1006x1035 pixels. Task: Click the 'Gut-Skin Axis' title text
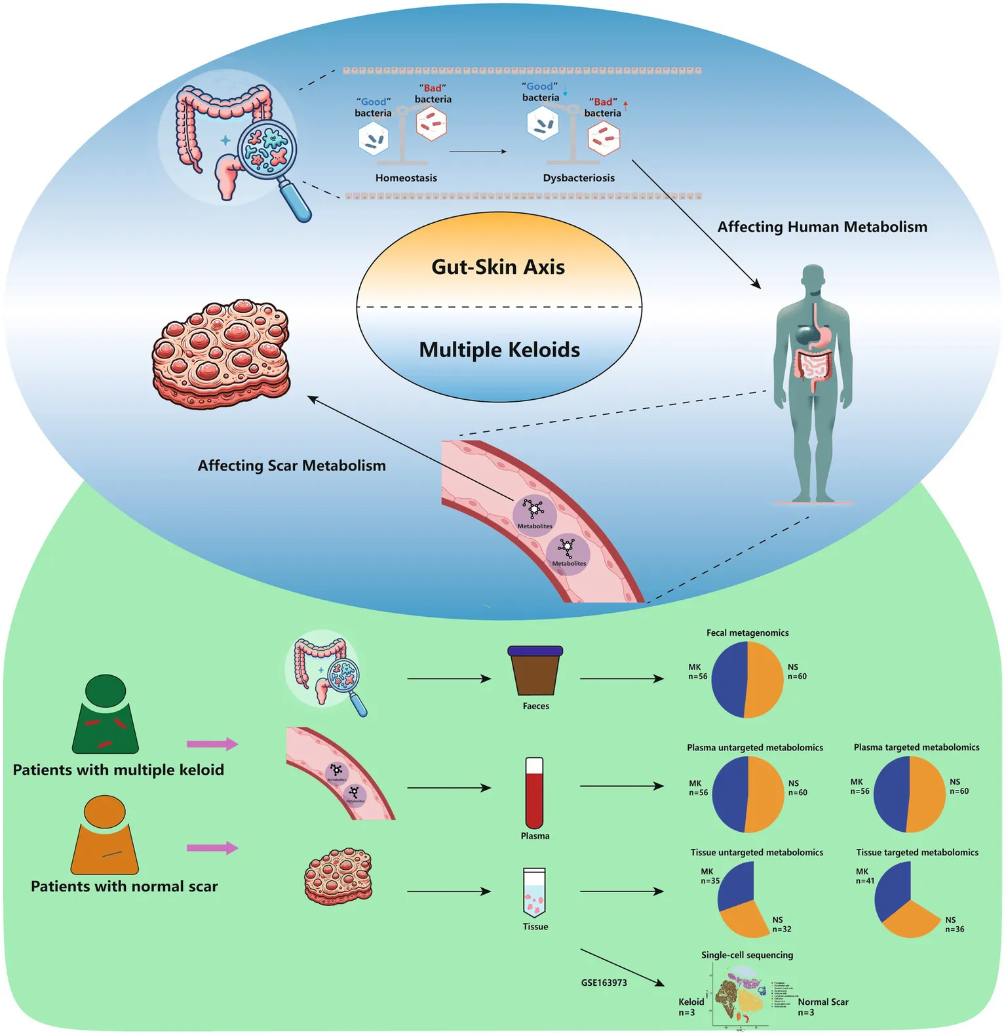pyautogui.click(x=498, y=267)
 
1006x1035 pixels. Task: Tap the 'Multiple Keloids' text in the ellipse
pyautogui.click(x=499, y=350)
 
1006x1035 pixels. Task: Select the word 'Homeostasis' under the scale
pyautogui.click(x=406, y=178)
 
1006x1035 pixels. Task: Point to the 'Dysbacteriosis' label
pyautogui.click(x=579, y=178)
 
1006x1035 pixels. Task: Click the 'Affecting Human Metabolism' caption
pyautogui.click(x=822, y=227)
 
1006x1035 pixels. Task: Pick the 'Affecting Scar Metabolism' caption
pyautogui.click(x=292, y=465)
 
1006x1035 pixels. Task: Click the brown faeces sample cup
pyautogui.click(x=535, y=671)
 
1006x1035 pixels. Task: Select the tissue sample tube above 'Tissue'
pyautogui.click(x=535, y=893)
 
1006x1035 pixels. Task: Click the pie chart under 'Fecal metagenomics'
pyautogui.click(x=747, y=680)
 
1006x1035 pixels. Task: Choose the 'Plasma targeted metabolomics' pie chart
pyautogui.click(x=910, y=794)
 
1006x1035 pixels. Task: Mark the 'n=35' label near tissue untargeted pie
pyautogui.click(x=710, y=881)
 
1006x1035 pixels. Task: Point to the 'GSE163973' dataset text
pyautogui.click(x=604, y=983)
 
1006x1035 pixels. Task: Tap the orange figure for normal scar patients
pyautogui.click(x=105, y=835)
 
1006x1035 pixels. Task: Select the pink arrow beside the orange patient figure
pyautogui.click(x=212, y=848)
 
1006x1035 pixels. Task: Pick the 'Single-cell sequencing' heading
pyautogui.click(x=747, y=955)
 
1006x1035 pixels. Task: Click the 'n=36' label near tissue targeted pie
pyautogui.click(x=954, y=929)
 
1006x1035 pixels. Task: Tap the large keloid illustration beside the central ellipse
pyautogui.click(x=221, y=354)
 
